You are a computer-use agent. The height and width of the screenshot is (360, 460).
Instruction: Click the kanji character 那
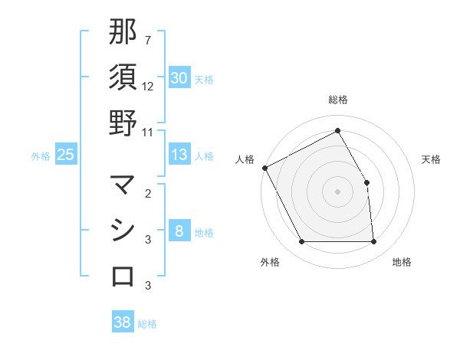coord(123,32)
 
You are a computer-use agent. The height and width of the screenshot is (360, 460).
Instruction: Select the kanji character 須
coord(123,77)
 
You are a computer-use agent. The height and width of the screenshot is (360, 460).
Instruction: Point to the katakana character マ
coord(123,185)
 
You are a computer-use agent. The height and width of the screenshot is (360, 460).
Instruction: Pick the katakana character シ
coord(123,231)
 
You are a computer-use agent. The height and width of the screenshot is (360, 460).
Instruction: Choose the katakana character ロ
coord(123,276)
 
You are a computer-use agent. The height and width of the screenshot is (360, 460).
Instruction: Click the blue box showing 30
coord(179,78)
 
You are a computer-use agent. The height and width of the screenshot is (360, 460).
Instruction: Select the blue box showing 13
coord(179,155)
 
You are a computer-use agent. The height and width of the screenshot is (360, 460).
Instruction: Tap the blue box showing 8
coord(179,231)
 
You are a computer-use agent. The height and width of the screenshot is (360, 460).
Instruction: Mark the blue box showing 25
coord(66,155)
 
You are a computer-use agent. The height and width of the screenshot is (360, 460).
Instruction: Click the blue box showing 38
coord(123,322)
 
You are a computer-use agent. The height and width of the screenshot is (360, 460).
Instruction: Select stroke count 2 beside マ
coord(148,194)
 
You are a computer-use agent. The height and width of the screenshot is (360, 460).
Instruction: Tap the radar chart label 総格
coord(338,100)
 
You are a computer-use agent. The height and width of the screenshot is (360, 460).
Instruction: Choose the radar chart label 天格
coord(431,159)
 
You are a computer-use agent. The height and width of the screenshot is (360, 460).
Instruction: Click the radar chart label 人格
coord(245,159)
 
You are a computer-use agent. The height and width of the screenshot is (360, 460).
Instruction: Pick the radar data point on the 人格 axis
coord(265,168)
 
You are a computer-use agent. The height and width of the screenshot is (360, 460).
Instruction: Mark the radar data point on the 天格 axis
coord(366,182)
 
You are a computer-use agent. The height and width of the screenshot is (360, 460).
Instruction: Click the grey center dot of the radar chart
coord(338,191)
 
